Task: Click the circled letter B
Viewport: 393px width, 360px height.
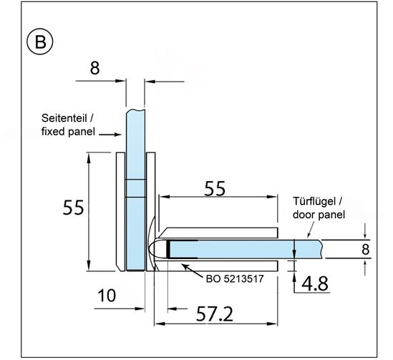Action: coord(40,42)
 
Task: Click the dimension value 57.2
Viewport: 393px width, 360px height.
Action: coord(215,314)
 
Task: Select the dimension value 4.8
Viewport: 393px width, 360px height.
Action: coord(315,283)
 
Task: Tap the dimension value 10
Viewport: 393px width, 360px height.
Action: coord(107,295)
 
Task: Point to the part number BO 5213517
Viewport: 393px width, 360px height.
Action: coord(235,278)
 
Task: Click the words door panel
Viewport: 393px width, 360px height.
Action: coord(319,215)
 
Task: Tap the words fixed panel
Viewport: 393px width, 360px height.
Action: coord(68,131)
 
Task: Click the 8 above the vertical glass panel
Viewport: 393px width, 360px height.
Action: coord(94,68)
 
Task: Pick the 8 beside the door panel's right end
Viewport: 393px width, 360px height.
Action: coord(365,250)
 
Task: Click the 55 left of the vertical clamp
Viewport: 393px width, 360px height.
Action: coord(73,208)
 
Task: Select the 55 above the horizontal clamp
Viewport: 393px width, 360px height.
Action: coord(215,188)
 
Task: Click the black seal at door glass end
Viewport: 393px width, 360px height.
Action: coord(168,249)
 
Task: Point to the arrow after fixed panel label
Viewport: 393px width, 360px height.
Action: coord(110,135)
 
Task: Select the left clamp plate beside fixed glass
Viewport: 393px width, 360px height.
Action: coord(120,212)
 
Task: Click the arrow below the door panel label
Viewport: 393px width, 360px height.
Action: coord(311,230)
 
